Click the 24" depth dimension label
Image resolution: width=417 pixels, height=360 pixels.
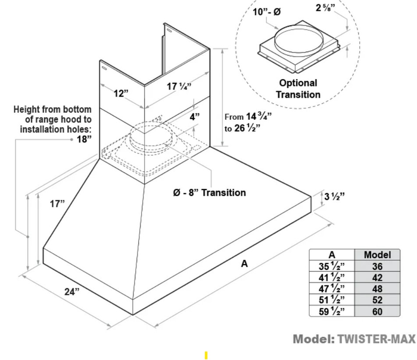[72, 291]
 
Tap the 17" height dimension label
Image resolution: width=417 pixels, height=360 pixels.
[57, 204]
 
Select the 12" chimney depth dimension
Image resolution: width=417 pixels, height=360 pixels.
[121, 94]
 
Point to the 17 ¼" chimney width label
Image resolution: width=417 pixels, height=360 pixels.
[179, 86]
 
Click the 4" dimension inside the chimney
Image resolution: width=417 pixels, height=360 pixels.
[194, 117]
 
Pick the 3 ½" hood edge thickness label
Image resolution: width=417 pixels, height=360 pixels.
[334, 196]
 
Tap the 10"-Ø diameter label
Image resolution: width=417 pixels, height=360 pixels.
[266, 12]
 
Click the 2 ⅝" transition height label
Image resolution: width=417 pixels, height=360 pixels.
[325, 7]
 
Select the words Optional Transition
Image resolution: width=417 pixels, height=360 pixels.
[298, 89]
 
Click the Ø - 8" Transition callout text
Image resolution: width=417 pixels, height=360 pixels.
[209, 193]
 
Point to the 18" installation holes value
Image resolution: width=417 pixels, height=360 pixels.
[84, 139]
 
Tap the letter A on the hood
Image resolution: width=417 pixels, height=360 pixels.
[244, 263]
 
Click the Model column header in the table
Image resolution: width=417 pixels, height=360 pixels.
[377, 255]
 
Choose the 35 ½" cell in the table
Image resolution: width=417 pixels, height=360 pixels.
[331, 266]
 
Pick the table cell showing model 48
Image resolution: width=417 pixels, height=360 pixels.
[377, 288]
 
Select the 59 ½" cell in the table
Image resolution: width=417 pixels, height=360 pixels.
[331, 311]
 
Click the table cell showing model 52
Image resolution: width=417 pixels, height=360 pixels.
[377, 300]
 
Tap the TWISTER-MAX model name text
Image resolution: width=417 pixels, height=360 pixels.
[376, 339]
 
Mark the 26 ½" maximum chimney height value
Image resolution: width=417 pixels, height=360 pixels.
[247, 128]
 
